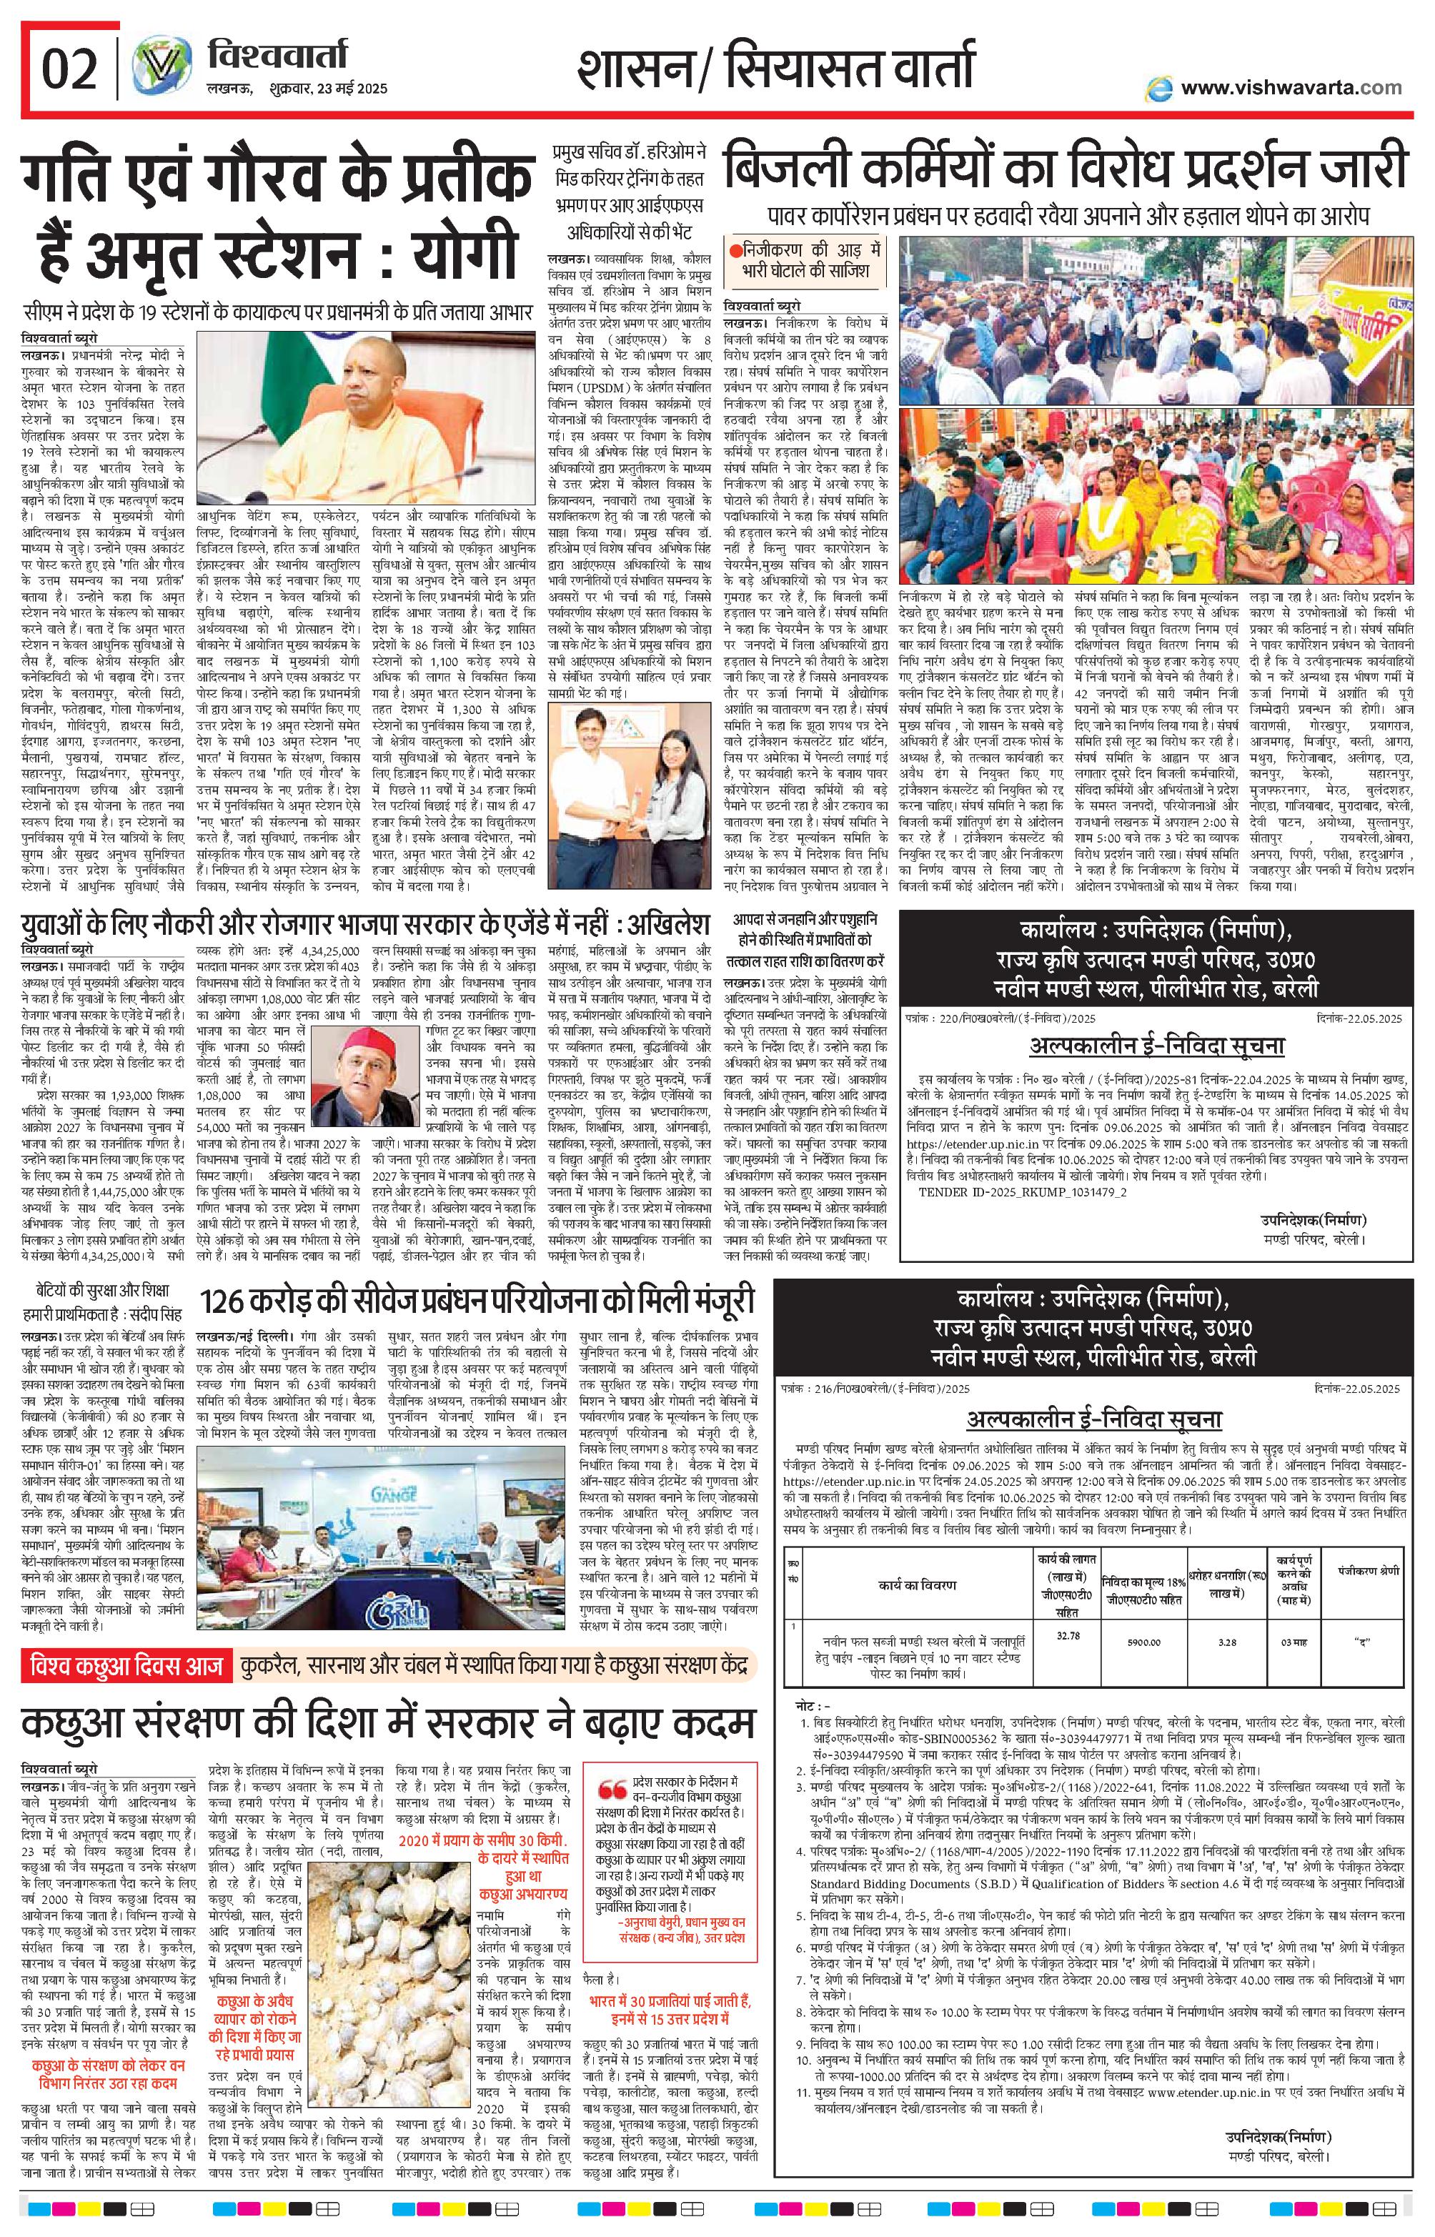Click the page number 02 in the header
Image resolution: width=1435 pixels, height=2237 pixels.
coord(70,69)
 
